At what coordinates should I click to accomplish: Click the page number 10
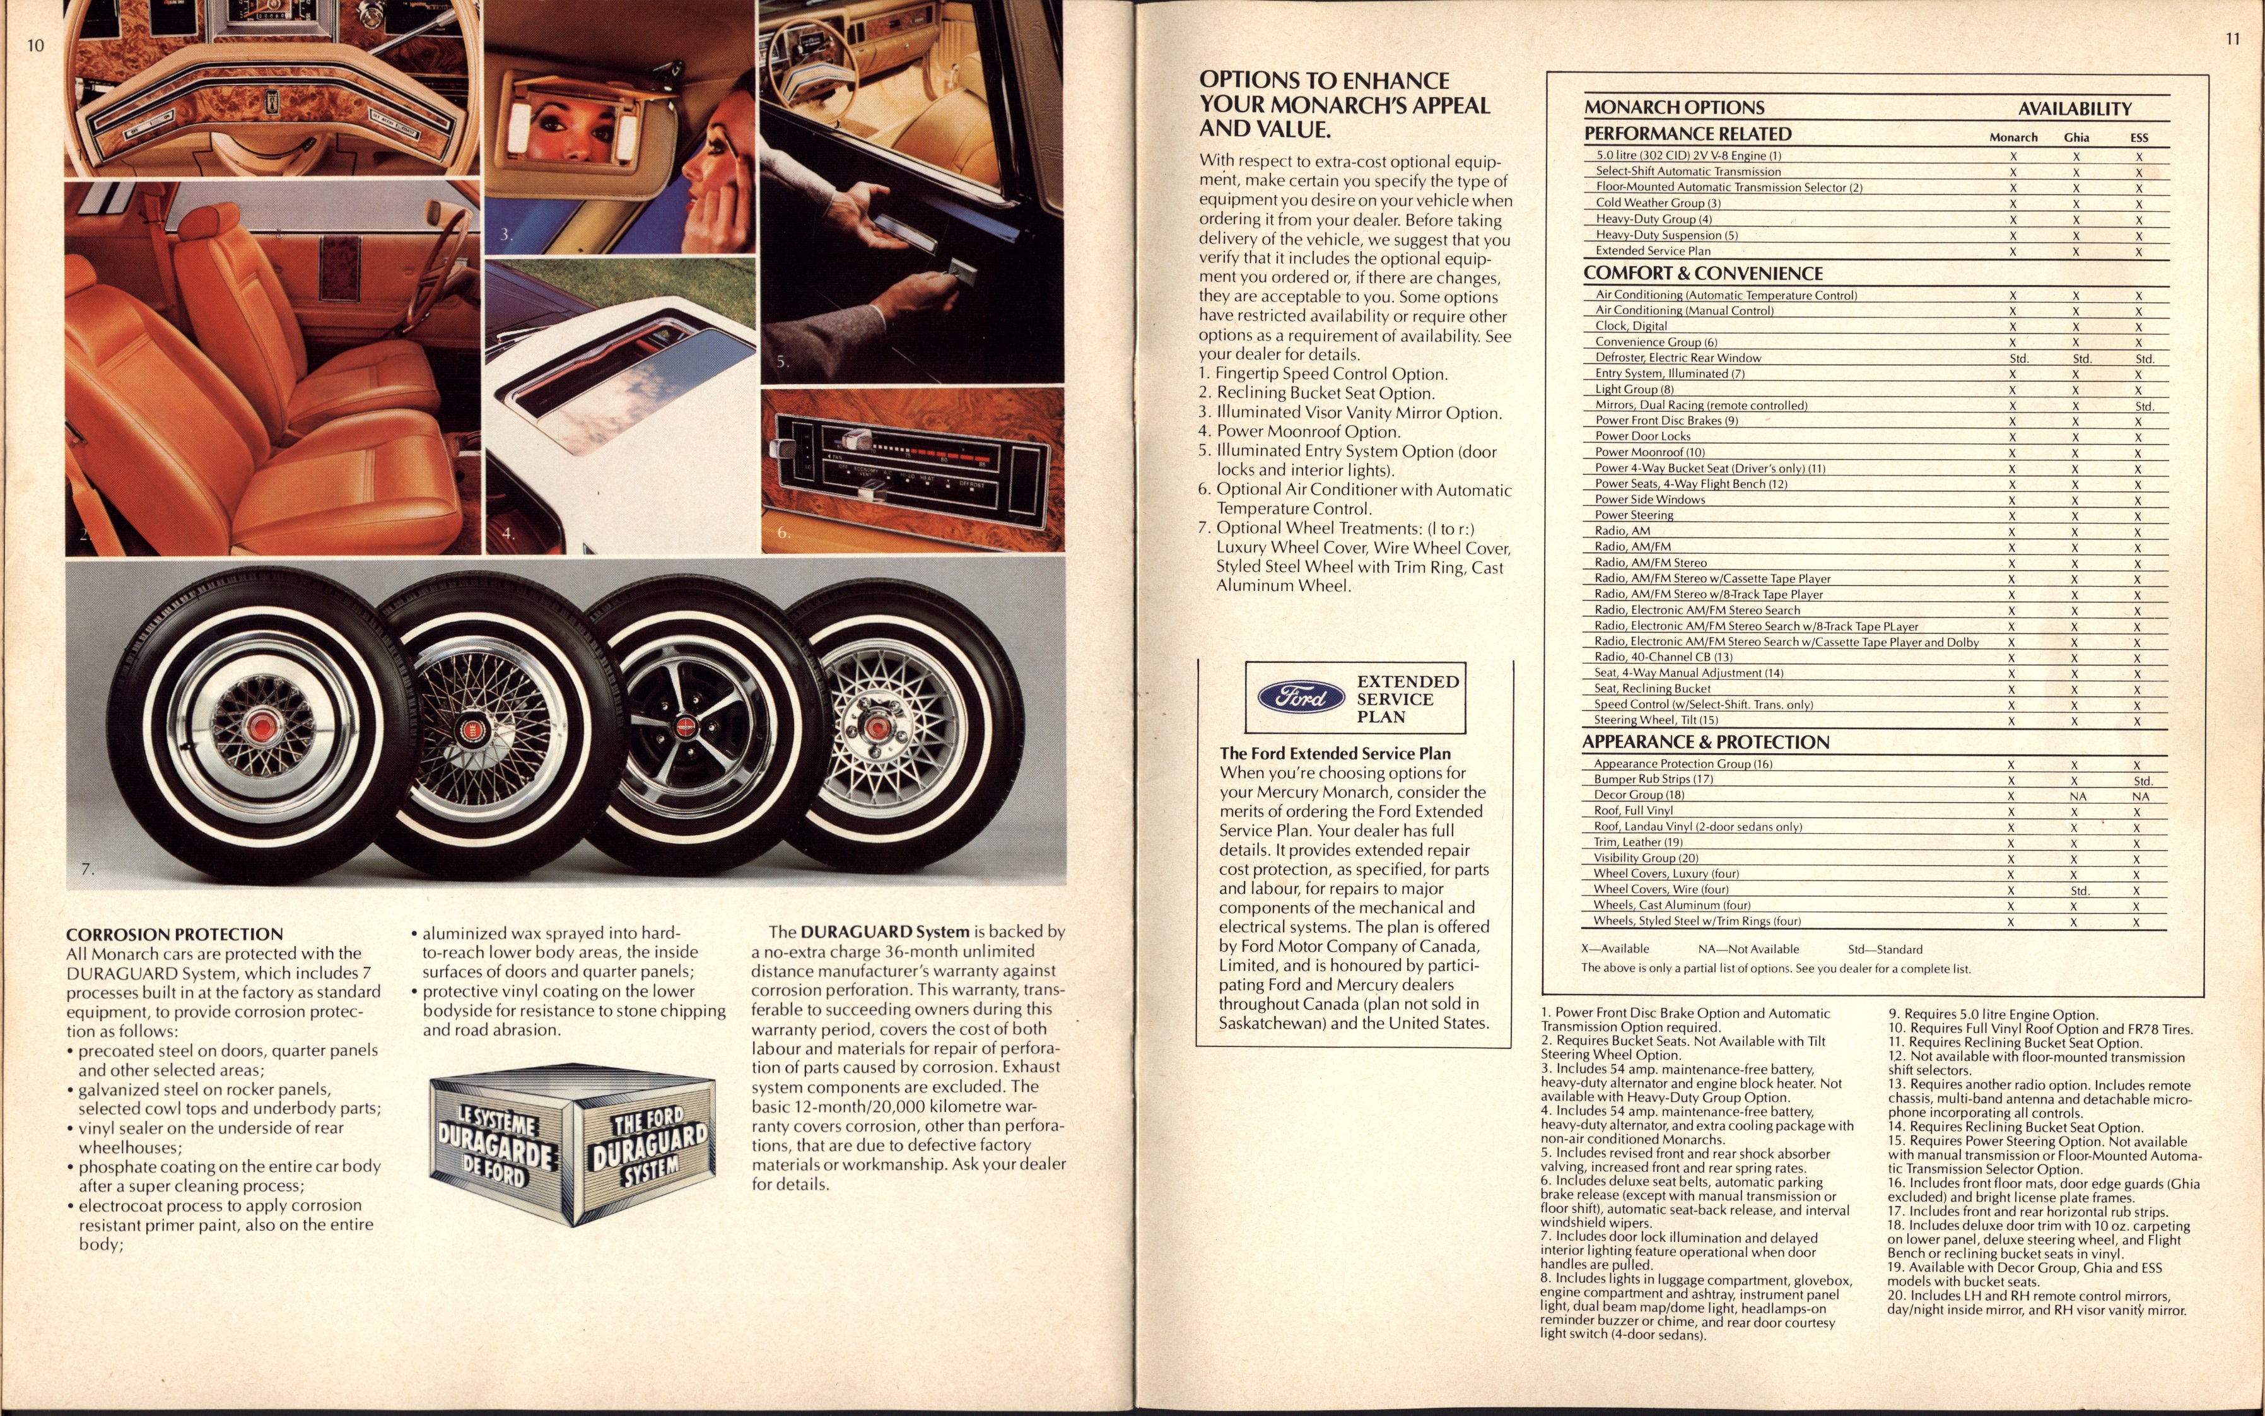tap(35, 45)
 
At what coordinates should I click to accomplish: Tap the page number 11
tap(2232, 39)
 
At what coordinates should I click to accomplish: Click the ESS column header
tap(2139, 138)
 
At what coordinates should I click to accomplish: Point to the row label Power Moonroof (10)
tap(1650, 452)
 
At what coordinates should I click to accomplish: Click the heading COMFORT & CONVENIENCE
tap(1703, 274)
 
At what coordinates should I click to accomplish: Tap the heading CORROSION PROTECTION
tap(174, 933)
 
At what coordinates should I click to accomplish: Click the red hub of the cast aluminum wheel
tap(877, 728)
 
